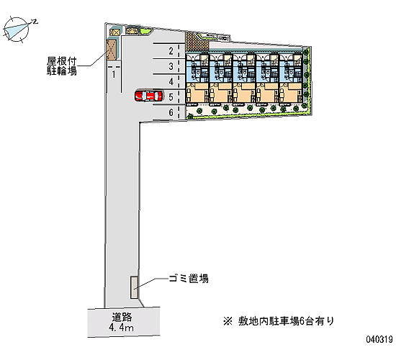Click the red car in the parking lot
click(x=148, y=96)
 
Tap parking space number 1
click(x=114, y=74)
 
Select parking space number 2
click(x=171, y=51)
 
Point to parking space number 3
click(x=171, y=66)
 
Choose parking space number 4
click(x=171, y=81)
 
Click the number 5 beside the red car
click(x=171, y=96)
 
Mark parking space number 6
click(x=171, y=112)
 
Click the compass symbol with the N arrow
click(x=18, y=29)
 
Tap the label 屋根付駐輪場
click(x=62, y=66)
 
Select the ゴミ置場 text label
click(x=189, y=279)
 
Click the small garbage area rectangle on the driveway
click(x=134, y=287)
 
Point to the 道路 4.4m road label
click(x=122, y=322)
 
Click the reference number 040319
click(x=379, y=339)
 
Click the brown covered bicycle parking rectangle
click(x=112, y=50)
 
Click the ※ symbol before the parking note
click(x=228, y=321)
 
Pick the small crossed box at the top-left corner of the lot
click(x=115, y=32)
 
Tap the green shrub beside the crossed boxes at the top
click(x=145, y=30)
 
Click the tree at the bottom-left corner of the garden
click(x=190, y=117)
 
